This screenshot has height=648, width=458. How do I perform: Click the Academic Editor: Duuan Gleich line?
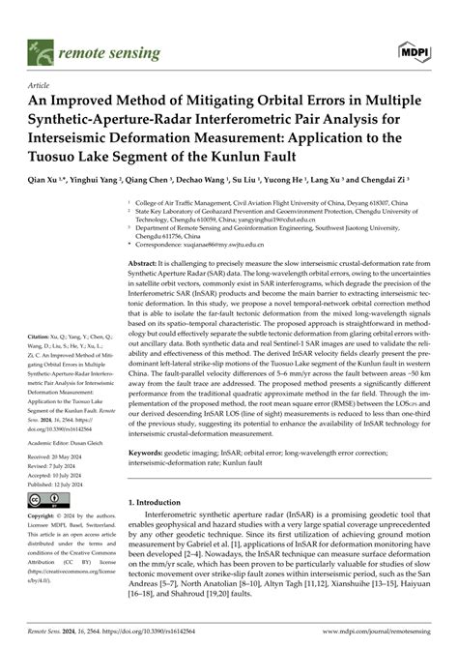pos(64,436)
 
